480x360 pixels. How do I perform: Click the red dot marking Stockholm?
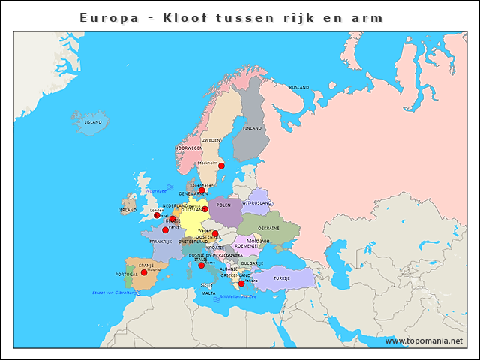pyautogui.click(x=221, y=166)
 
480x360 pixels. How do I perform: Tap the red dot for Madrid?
pyautogui.click(x=144, y=272)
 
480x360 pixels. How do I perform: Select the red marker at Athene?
pyautogui.click(x=241, y=283)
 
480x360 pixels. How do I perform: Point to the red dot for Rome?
pyautogui.click(x=201, y=265)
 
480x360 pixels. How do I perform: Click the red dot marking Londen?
pyautogui.click(x=157, y=215)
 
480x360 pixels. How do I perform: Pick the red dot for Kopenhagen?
pyautogui.click(x=202, y=190)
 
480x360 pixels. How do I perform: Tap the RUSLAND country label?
pyautogui.click(x=299, y=88)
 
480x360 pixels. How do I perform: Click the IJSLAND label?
pyautogui.click(x=93, y=121)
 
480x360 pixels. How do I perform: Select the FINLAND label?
pyautogui.click(x=253, y=128)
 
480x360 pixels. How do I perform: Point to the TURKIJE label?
pyautogui.click(x=281, y=278)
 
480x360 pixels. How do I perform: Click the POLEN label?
pyautogui.click(x=223, y=205)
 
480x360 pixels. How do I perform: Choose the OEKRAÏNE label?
pyautogui.click(x=268, y=228)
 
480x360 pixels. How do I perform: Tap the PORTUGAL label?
pyautogui.click(x=116, y=274)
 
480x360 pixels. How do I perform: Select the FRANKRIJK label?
pyautogui.click(x=160, y=241)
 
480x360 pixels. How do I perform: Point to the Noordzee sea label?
pyautogui.click(x=156, y=191)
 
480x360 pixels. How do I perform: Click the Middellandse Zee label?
pyautogui.click(x=238, y=296)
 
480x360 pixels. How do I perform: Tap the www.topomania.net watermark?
pyautogui.click(x=424, y=340)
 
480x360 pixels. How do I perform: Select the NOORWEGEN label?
pyautogui.click(x=189, y=148)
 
